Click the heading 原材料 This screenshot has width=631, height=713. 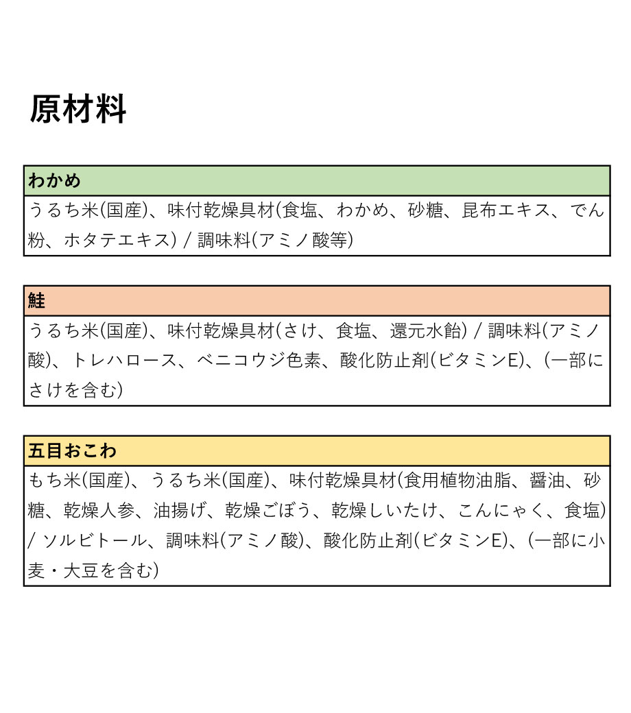78,110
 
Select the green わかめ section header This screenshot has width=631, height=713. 54,181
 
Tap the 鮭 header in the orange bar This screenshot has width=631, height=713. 37,301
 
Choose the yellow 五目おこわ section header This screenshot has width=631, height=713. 72,451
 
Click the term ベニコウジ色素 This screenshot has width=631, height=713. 259,361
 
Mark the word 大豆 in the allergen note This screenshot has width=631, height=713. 81,570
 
